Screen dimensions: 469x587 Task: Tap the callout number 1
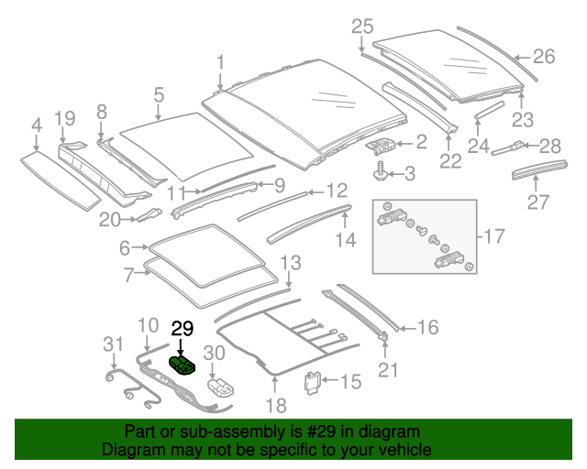coord(220,62)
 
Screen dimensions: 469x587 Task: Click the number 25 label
coord(363,26)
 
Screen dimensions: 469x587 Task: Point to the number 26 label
coord(544,57)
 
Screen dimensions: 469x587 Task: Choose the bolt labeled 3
coord(380,171)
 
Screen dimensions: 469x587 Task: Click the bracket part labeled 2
coord(383,143)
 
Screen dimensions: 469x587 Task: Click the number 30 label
coord(213,352)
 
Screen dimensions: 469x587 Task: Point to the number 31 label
coord(112,344)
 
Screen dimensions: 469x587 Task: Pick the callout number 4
coord(36,125)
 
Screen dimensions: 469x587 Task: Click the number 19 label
coord(64,117)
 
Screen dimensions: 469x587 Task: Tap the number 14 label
coord(345,241)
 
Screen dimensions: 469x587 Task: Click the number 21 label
coord(389,369)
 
